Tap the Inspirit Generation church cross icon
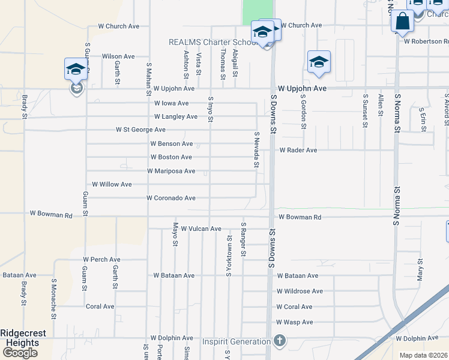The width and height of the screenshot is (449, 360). pos(279,341)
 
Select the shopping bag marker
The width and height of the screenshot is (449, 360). pos(402,21)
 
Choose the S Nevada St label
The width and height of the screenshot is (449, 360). pos(256,149)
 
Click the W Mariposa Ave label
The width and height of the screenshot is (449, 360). pos(171,171)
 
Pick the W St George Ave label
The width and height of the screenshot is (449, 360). pos(140,130)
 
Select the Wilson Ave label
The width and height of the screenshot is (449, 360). pos(118,56)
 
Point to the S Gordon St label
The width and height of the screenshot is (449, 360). pos(304,111)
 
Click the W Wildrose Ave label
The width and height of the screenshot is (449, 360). pos(300,291)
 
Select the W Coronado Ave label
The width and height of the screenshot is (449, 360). pos(171,198)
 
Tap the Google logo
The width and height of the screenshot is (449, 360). pos(20,353)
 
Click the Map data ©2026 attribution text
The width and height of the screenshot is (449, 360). pos(423,355)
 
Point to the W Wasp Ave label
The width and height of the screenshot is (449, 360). pos(294,322)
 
